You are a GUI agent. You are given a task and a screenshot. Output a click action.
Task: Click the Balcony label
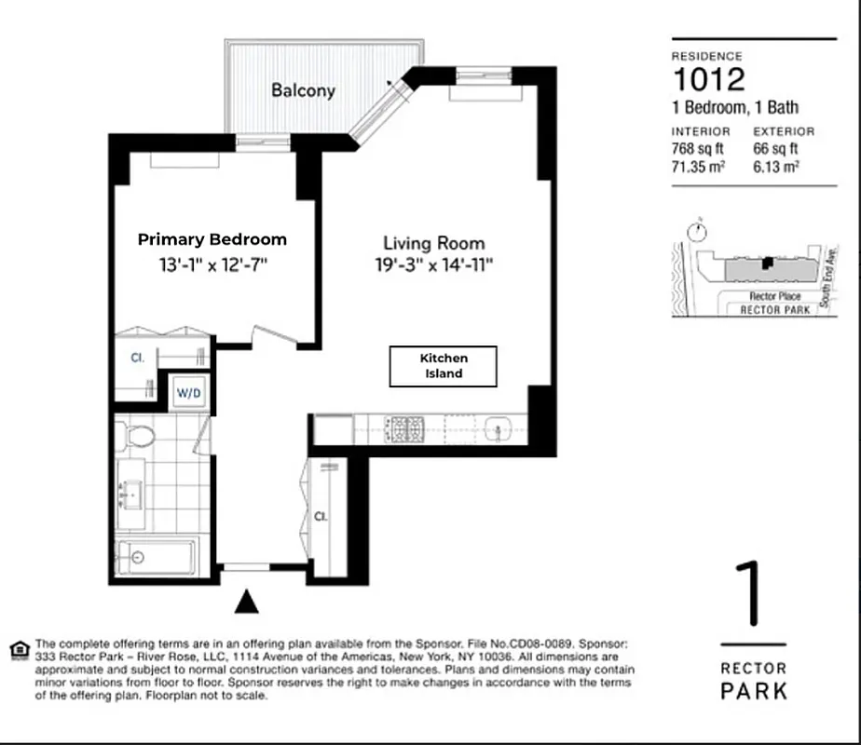[x=303, y=90]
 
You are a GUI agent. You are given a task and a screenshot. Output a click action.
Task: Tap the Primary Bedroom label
[x=212, y=239]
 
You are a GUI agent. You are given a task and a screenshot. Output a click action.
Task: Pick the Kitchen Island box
[x=443, y=365]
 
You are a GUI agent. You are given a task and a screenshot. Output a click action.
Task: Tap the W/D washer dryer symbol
[x=189, y=393]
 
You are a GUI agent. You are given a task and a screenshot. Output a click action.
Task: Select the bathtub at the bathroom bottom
[x=154, y=557]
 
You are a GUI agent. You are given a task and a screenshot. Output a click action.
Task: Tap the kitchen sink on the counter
[x=498, y=429]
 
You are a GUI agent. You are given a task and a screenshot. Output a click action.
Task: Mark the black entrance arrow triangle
[x=246, y=603]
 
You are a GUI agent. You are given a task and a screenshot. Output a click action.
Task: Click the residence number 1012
[x=708, y=79]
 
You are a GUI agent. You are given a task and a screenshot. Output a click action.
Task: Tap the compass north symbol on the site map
[x=694, y=230]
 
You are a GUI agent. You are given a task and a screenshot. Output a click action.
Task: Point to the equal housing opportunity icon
[x=18, y=648]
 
